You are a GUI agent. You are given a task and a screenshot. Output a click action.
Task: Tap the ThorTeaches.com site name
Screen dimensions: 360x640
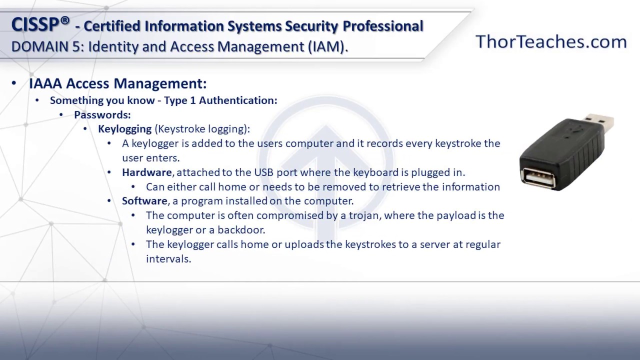pyautogui.click(x=551, y=41)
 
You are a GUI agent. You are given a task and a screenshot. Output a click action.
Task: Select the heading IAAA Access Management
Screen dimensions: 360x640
pyautogui.click(x=117, y=83)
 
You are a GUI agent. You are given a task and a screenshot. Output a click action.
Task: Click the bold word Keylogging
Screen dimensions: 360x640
pyautogui.click(x=124, y=129)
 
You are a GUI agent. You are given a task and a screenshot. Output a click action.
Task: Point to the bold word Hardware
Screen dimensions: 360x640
pyautogui.click(x=147, y=172)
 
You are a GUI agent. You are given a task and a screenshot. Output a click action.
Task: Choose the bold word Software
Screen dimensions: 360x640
pyautogui.click(x=144, y=201)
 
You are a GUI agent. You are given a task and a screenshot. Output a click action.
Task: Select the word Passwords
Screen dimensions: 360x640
pyautogui.click(x=102, y=115)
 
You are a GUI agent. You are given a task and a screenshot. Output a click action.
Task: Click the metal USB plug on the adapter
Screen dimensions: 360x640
pyautogui.click(x=600, y=123)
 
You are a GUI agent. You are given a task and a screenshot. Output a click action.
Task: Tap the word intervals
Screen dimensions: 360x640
pyautogui.click(x=168, y=259)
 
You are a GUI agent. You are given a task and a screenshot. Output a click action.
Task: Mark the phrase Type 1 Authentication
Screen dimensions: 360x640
pyautogui.click(x=220, y=100)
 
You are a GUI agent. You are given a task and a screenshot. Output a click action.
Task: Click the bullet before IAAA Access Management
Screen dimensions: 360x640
pyautogui.click(x=13, y=83)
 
